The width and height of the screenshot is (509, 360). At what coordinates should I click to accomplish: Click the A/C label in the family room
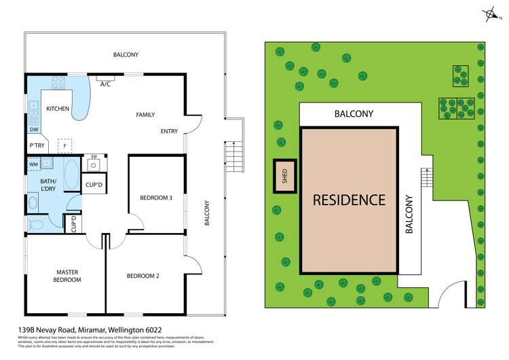point(105,84)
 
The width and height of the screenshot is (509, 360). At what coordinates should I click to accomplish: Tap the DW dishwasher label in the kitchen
point(34,130)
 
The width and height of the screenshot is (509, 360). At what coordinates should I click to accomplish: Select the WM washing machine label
point(33,164)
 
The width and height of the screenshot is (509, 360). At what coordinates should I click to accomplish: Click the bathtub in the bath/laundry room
point(71,176)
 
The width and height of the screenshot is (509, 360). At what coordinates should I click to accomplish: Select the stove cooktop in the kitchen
point(58,84)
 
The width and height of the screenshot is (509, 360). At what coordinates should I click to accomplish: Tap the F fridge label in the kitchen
point(64,145)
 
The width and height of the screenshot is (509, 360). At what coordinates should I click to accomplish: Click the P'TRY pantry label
point(37,146)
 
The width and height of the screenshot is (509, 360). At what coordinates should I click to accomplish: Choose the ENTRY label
point(169,131)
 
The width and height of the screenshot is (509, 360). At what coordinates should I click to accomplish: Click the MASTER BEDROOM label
point(68,276)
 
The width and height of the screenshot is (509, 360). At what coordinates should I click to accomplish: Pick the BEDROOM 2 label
point(143,276)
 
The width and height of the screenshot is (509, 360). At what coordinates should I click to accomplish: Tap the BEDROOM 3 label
point(156,198)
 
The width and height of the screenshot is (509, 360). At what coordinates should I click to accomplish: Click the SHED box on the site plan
point(285,176)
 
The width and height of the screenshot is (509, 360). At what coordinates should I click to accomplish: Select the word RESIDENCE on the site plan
point(349,200)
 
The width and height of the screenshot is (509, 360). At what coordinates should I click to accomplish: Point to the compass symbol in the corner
point(489,14)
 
